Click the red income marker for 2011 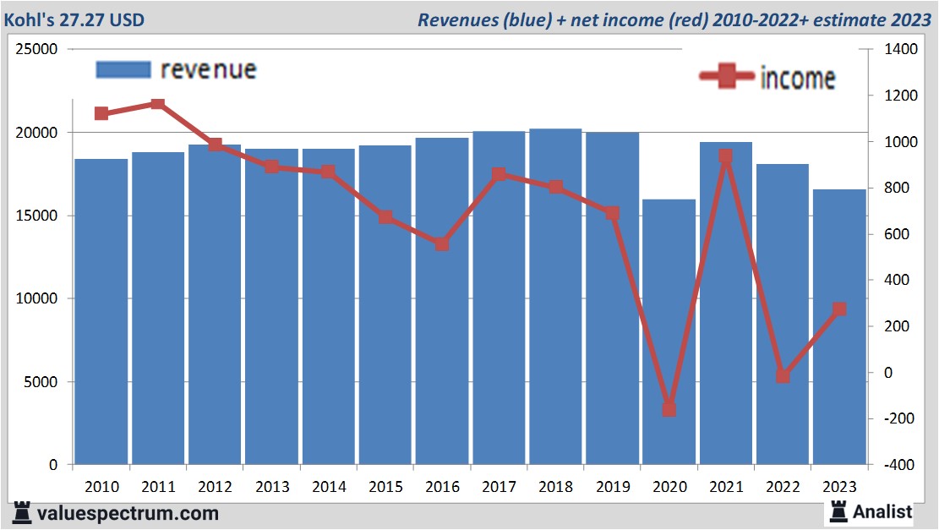click(x=158, y=104)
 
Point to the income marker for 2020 click(x=669, y=409)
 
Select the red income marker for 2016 click(x=442, y=244)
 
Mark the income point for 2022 click(x=783, y=376)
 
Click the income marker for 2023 click(x=839, y=309)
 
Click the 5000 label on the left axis click(x=39, y=382)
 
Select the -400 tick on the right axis click(x=900, y=465)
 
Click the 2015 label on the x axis click(x=385, y=487)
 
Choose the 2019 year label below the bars click(x=612, y=487)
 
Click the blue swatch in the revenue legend click(x=123, y=69)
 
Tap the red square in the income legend click(x=726, y=77)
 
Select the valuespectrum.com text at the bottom click(x=128, y=513)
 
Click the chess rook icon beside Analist click(x=839, y=511)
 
